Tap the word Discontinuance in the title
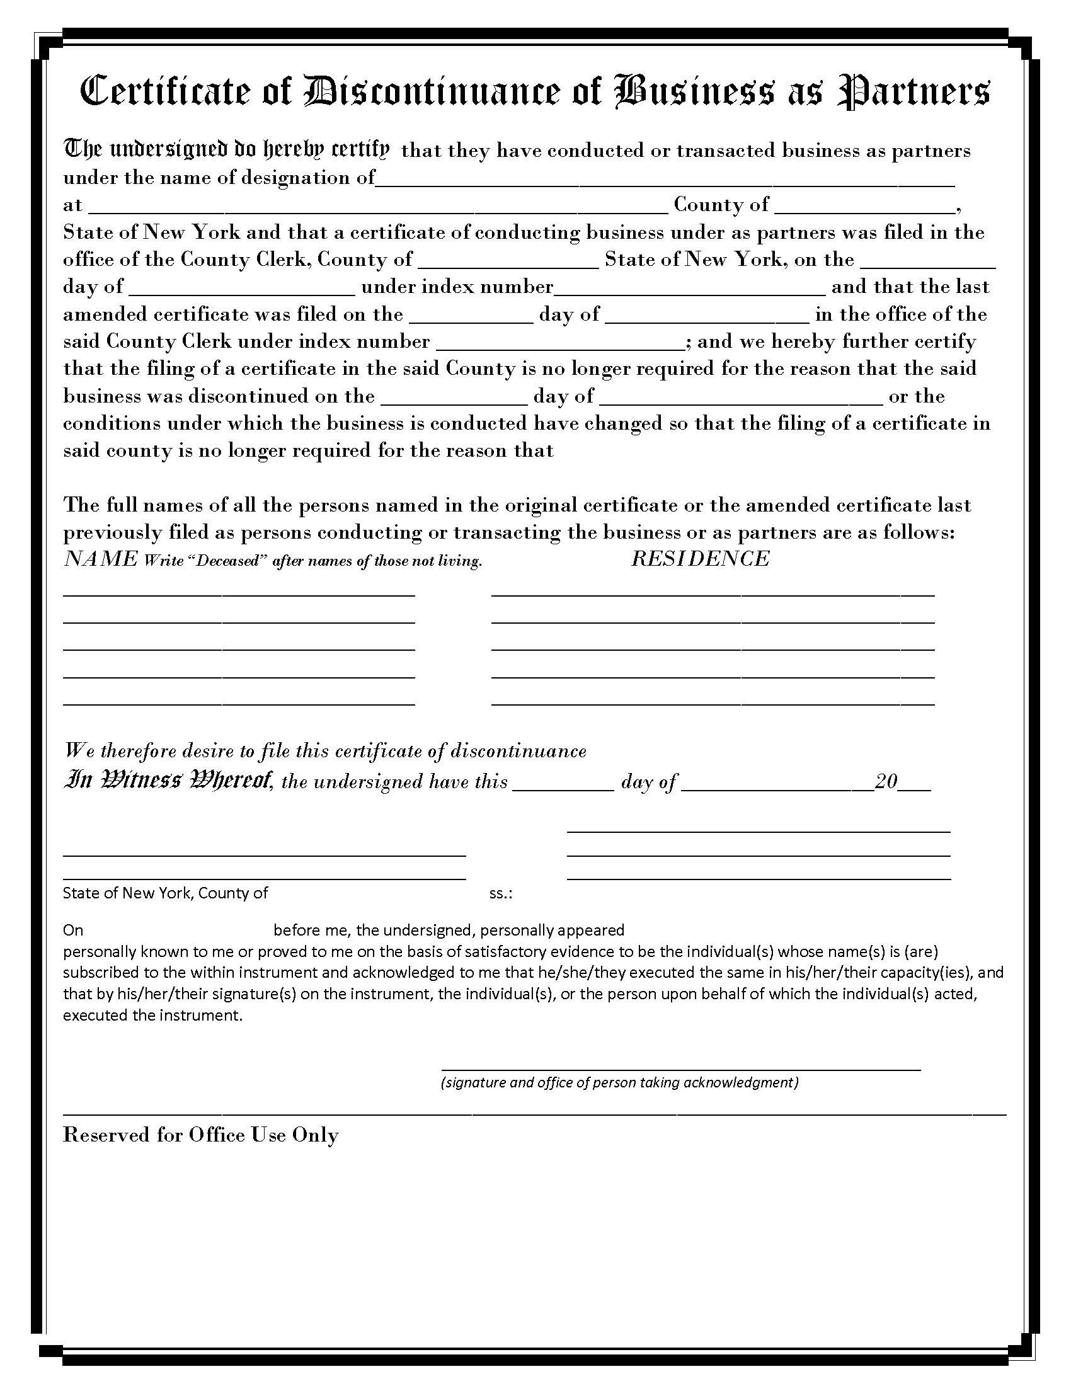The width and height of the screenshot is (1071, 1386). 433,92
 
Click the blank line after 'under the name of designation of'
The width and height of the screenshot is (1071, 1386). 665,180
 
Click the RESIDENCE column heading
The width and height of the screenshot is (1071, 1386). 700,558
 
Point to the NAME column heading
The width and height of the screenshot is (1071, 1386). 100,558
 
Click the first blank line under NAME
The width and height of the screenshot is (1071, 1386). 239,594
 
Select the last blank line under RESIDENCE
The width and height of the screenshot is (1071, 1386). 713,703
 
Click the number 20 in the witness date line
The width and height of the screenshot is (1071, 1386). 886,781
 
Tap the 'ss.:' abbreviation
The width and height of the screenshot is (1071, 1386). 501,893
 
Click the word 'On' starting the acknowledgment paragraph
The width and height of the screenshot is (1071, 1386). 73,931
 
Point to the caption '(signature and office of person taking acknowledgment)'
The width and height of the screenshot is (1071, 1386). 619,1082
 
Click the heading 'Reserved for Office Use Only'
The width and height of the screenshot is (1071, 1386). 200,1135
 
